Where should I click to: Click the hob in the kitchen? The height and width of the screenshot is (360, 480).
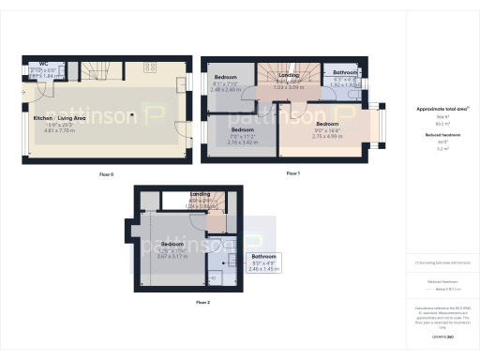[149, 67]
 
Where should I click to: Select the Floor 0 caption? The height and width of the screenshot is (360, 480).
[106, 174]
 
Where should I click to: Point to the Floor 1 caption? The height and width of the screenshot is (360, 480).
[292, 173]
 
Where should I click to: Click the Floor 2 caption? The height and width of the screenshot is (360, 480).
[203, 303]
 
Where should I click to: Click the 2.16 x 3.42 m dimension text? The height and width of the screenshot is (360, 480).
[245, 142]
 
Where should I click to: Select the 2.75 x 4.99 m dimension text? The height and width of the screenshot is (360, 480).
[328, 136]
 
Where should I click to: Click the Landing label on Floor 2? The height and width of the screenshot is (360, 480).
[201, 193]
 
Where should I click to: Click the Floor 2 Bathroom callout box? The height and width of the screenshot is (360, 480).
[263, 262]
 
